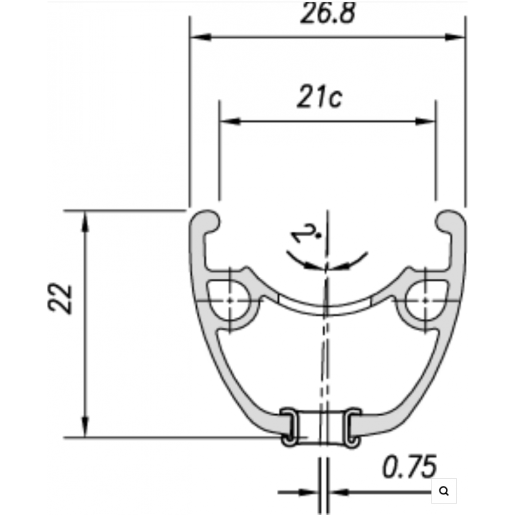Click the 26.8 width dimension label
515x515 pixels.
(x=328, y=13)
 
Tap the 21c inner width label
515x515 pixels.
(x=319, y=97)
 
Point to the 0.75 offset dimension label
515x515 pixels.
(x=410, y=467)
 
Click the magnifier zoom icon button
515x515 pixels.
(x=444, y=491)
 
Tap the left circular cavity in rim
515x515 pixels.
(x=230, y=300)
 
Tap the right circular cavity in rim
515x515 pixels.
(x=425, y=300)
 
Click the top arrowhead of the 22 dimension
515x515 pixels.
(x=85, y=221)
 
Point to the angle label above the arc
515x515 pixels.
(x=306, y=233)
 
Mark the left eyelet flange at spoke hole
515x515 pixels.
(x=290, y=426)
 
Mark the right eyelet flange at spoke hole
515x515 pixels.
(x=353, y=426)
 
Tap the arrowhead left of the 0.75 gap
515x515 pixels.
(x=309, y=492)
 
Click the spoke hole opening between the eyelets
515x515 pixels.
(x=321, y=426)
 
